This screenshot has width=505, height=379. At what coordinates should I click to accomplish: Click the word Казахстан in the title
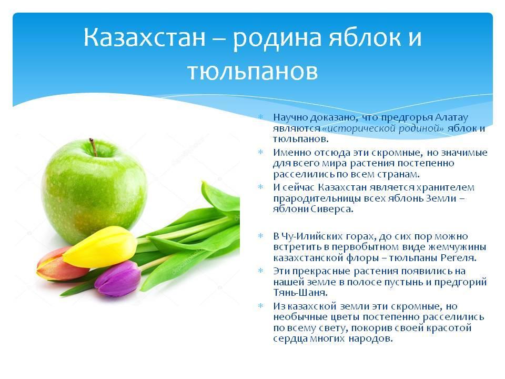(x=145, y=37)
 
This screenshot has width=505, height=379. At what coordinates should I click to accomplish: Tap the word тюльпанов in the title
(x=252, y=72)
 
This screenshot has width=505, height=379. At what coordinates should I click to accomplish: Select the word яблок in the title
(x=365, y=37)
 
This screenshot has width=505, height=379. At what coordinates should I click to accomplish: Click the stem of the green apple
(x=93, y=147)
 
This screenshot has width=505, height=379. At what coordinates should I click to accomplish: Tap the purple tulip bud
(x=118, y=279)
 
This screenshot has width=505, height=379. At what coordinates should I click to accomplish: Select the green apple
(x=94, y=190)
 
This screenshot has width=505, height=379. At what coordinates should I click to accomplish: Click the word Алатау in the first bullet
(x=451, y=117)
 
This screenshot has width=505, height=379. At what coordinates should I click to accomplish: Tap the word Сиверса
(x=332, y=209)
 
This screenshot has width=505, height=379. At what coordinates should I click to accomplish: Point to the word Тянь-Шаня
(x=300, y=293)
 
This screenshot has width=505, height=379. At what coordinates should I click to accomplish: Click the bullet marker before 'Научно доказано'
(x=261, y=116)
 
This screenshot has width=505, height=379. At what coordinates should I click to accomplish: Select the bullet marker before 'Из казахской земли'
(x=261, y=305)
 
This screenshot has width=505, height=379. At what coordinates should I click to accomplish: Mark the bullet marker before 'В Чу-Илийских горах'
(x=261, y=236)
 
